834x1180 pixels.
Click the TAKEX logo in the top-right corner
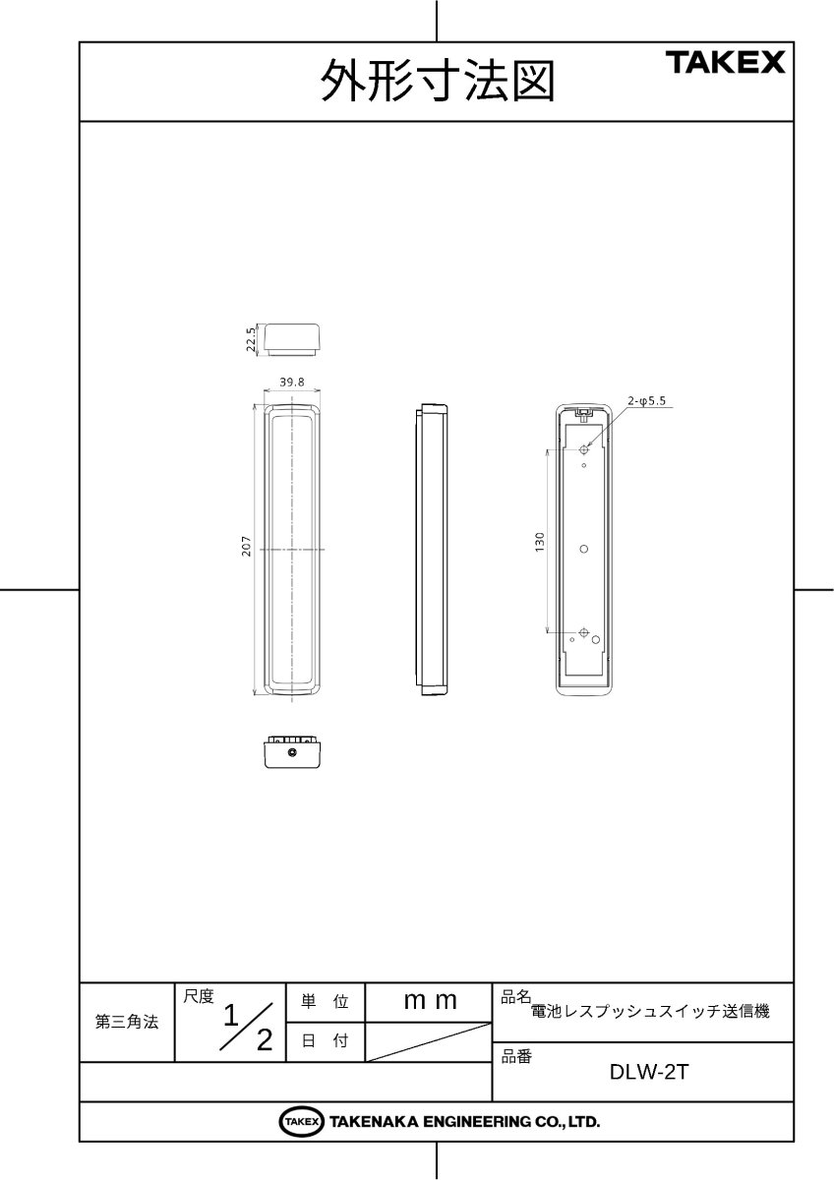pyautogui.click(x=727, y=64)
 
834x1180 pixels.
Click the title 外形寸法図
pyautogui.click(x=438, y=83)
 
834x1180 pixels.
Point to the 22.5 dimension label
pyautogui.click(x=252, y=337)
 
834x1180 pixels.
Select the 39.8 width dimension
pyautogui.click(x=291, y=382)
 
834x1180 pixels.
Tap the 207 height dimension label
pyautogui.click(x=248, y=547)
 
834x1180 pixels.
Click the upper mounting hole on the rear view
pyautogui.click(x=584, y=449)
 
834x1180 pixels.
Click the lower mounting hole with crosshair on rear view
pyautogui.click(x=584, y=632)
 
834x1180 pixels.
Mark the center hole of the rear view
pyautogui.click(x=583, y=548)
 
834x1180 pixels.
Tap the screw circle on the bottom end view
pyautogui.click(x=293, y=752)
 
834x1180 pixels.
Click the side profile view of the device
pyautogui.click(x=432, y=548)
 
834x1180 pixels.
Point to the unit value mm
pyautogui.click(x=431, y=1001)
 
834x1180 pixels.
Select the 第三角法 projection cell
pyautogui.click(x=127, y=1023)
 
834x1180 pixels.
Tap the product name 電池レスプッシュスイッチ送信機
pyautogui.click(x=649, y=1010)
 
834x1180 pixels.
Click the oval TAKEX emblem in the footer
pyautogui.click(x=301, y=1121)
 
